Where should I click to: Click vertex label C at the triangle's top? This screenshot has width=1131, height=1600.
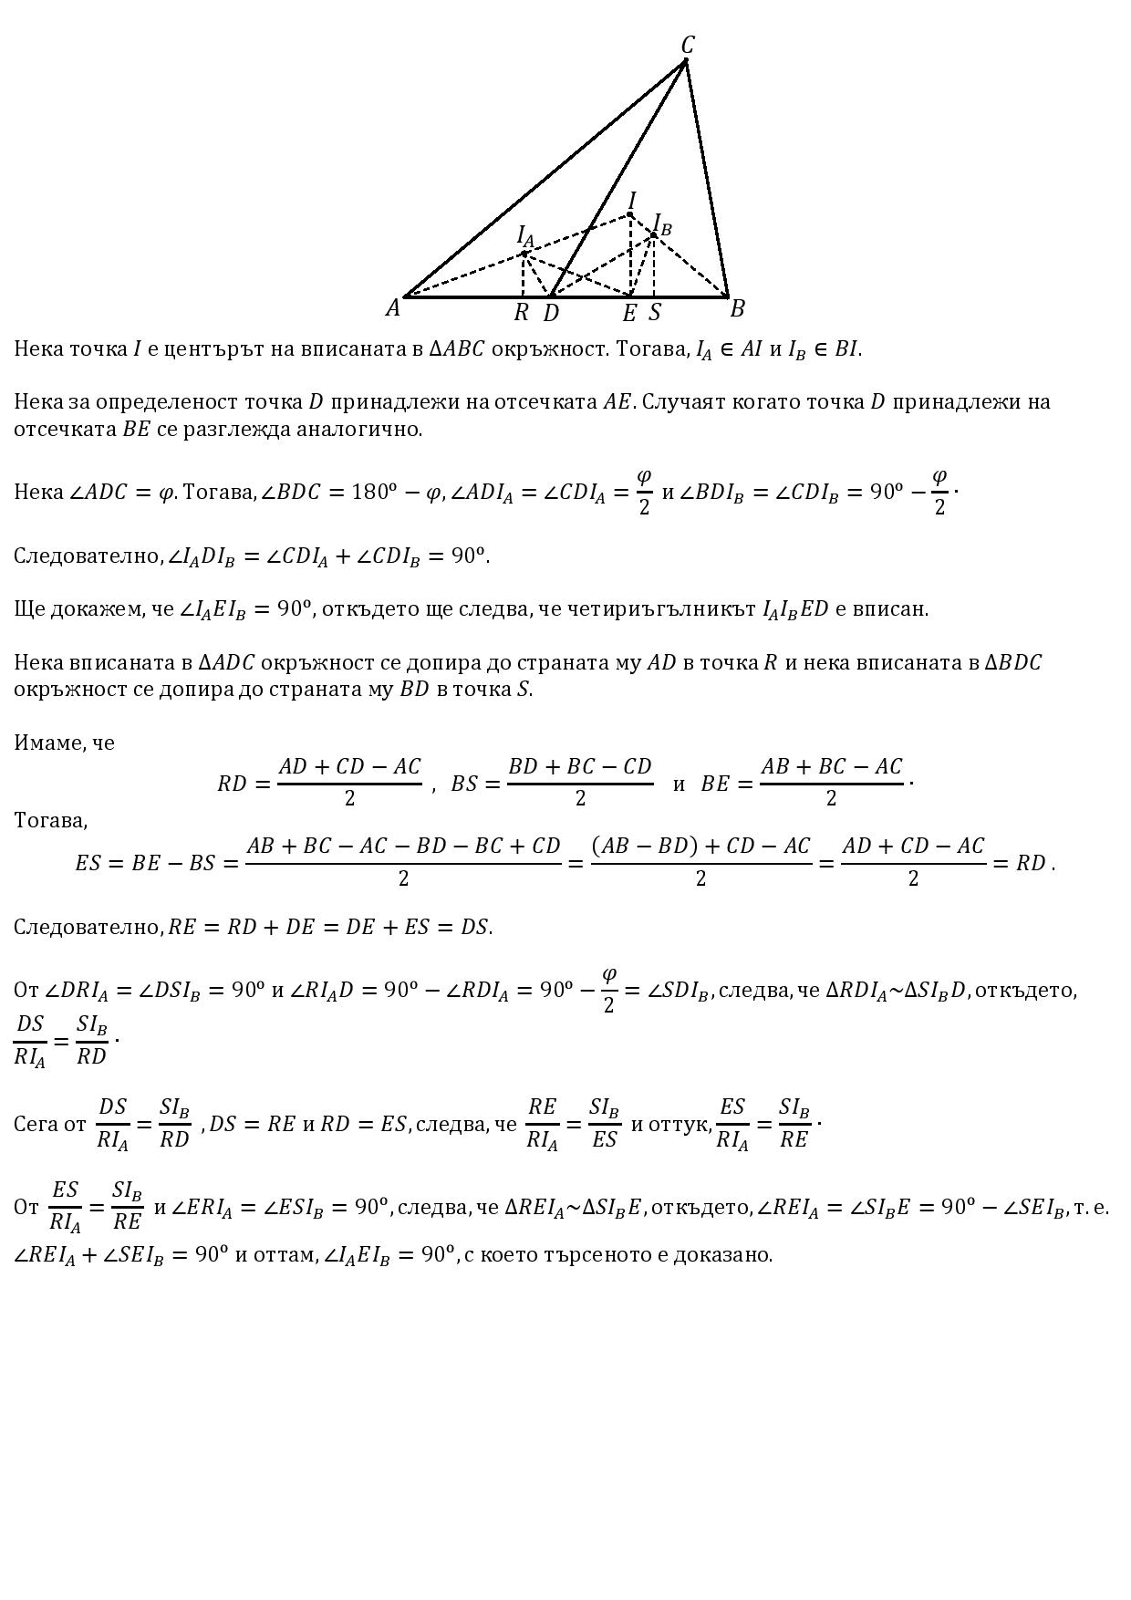(688, 45)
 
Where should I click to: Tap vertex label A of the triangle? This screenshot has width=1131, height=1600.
(393, 308)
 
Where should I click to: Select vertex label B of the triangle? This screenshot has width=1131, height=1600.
(737, 309)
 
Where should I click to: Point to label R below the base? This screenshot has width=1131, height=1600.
(522, 313)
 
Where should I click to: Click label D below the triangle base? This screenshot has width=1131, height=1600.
(551, 313)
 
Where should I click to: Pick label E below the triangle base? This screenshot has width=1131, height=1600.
(629, 314)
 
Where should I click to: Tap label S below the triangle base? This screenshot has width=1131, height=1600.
(655, 313)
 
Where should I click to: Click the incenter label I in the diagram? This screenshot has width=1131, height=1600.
(632, 201)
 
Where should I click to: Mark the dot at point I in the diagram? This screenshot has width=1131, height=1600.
(629, 215)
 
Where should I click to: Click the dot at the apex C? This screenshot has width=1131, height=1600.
(685, 61)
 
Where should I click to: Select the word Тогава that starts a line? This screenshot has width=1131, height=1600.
(50, 820)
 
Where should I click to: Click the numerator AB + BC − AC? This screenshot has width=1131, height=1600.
(830, 767)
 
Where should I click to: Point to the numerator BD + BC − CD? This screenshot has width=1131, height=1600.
(580, 767)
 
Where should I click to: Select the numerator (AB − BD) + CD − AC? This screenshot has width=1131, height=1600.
(700, 847)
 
